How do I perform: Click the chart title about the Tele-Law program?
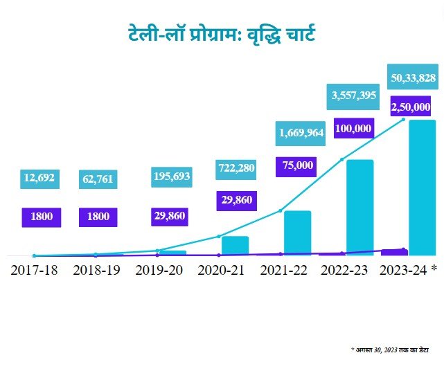coord(222,33)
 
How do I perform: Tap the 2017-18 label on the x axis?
coord(34,270)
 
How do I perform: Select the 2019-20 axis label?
coord(159,270)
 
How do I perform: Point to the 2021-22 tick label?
coord(283,270)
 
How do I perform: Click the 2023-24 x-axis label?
coord(409,270)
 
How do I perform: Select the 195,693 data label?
coord(170,178)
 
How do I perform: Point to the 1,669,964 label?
coord(301,133)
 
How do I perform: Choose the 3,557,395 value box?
coord(353,96)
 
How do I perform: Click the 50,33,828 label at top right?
coord(413,78)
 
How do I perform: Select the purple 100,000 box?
coord(353,128)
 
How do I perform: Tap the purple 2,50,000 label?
coord(411,107)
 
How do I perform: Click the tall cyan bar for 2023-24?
coord(423,187)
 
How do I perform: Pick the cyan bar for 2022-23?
coord(359,208)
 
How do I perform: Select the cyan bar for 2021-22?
coord(297,233)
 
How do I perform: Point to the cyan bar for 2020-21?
coord(235,246)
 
